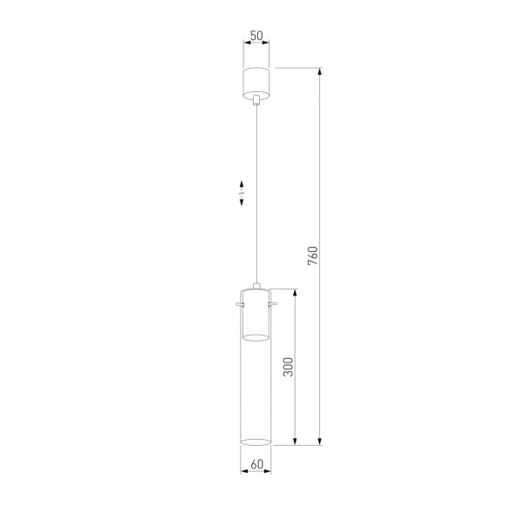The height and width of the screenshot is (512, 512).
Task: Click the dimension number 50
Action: point(256,37)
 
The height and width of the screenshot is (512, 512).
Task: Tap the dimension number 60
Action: point(256,463)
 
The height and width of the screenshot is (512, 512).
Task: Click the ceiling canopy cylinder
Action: point(256,81)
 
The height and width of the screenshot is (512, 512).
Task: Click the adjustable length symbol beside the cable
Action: point(243,193)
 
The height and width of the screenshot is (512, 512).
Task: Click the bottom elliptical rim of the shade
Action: point(256,442)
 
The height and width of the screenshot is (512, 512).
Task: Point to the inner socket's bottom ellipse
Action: point(256,336)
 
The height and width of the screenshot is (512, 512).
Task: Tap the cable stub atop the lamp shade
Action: point(256,283)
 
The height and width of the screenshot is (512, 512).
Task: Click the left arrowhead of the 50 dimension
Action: point(245,47)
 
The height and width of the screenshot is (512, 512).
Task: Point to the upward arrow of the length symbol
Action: point(243,183)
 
